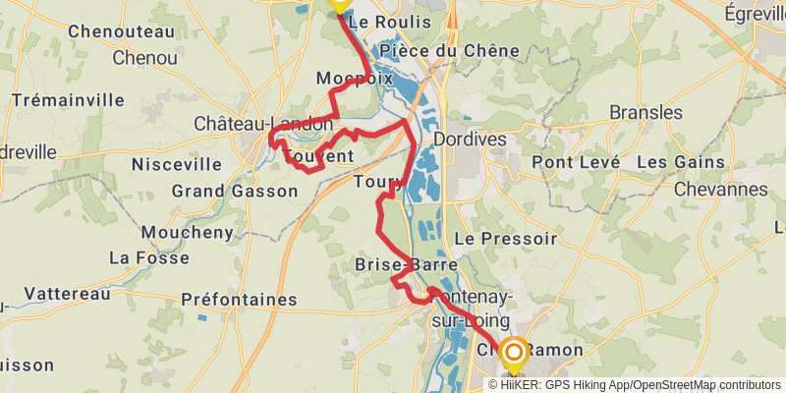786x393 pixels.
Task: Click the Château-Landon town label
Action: pyautogui.click(x=263, y=125)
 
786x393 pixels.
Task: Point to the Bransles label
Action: pyautogui.click(x=646, y=112)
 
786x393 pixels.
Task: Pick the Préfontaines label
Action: pyautogui.click(x=239, y=299)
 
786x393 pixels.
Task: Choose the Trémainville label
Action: pyautogui.click(x=68, y=99)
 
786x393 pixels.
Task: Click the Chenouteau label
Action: pyautogui.click(x=121, y=31)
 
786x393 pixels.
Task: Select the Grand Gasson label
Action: pyautogui.click(x=234, y=191)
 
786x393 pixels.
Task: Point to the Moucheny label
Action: pyautogui.click(x=188, y=232)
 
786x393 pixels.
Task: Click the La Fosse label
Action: pyautogui.click(x=148, y=257)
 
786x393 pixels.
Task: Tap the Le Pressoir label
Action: pyautogui.click(x=506, y=238)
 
